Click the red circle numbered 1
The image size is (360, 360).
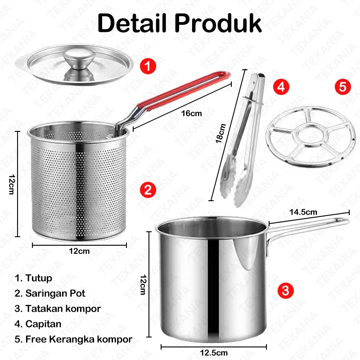coord(148,66)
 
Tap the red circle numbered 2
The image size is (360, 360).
coord(148,190)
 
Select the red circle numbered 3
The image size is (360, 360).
coord(286,291)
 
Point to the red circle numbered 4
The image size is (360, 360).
coord(281,87)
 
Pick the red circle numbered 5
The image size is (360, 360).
coord(343,87)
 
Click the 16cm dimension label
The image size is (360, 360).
coord(192,113)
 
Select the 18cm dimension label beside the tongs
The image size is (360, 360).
coord(220,133)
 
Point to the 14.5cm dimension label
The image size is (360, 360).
coord(303,212)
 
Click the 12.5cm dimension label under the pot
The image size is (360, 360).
coord(214,353)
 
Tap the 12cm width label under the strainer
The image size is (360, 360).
coord(79,251)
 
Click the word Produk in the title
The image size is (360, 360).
coord(218,23)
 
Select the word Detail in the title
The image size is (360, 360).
coord(132,23)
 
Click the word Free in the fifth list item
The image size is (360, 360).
coord(36,339)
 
